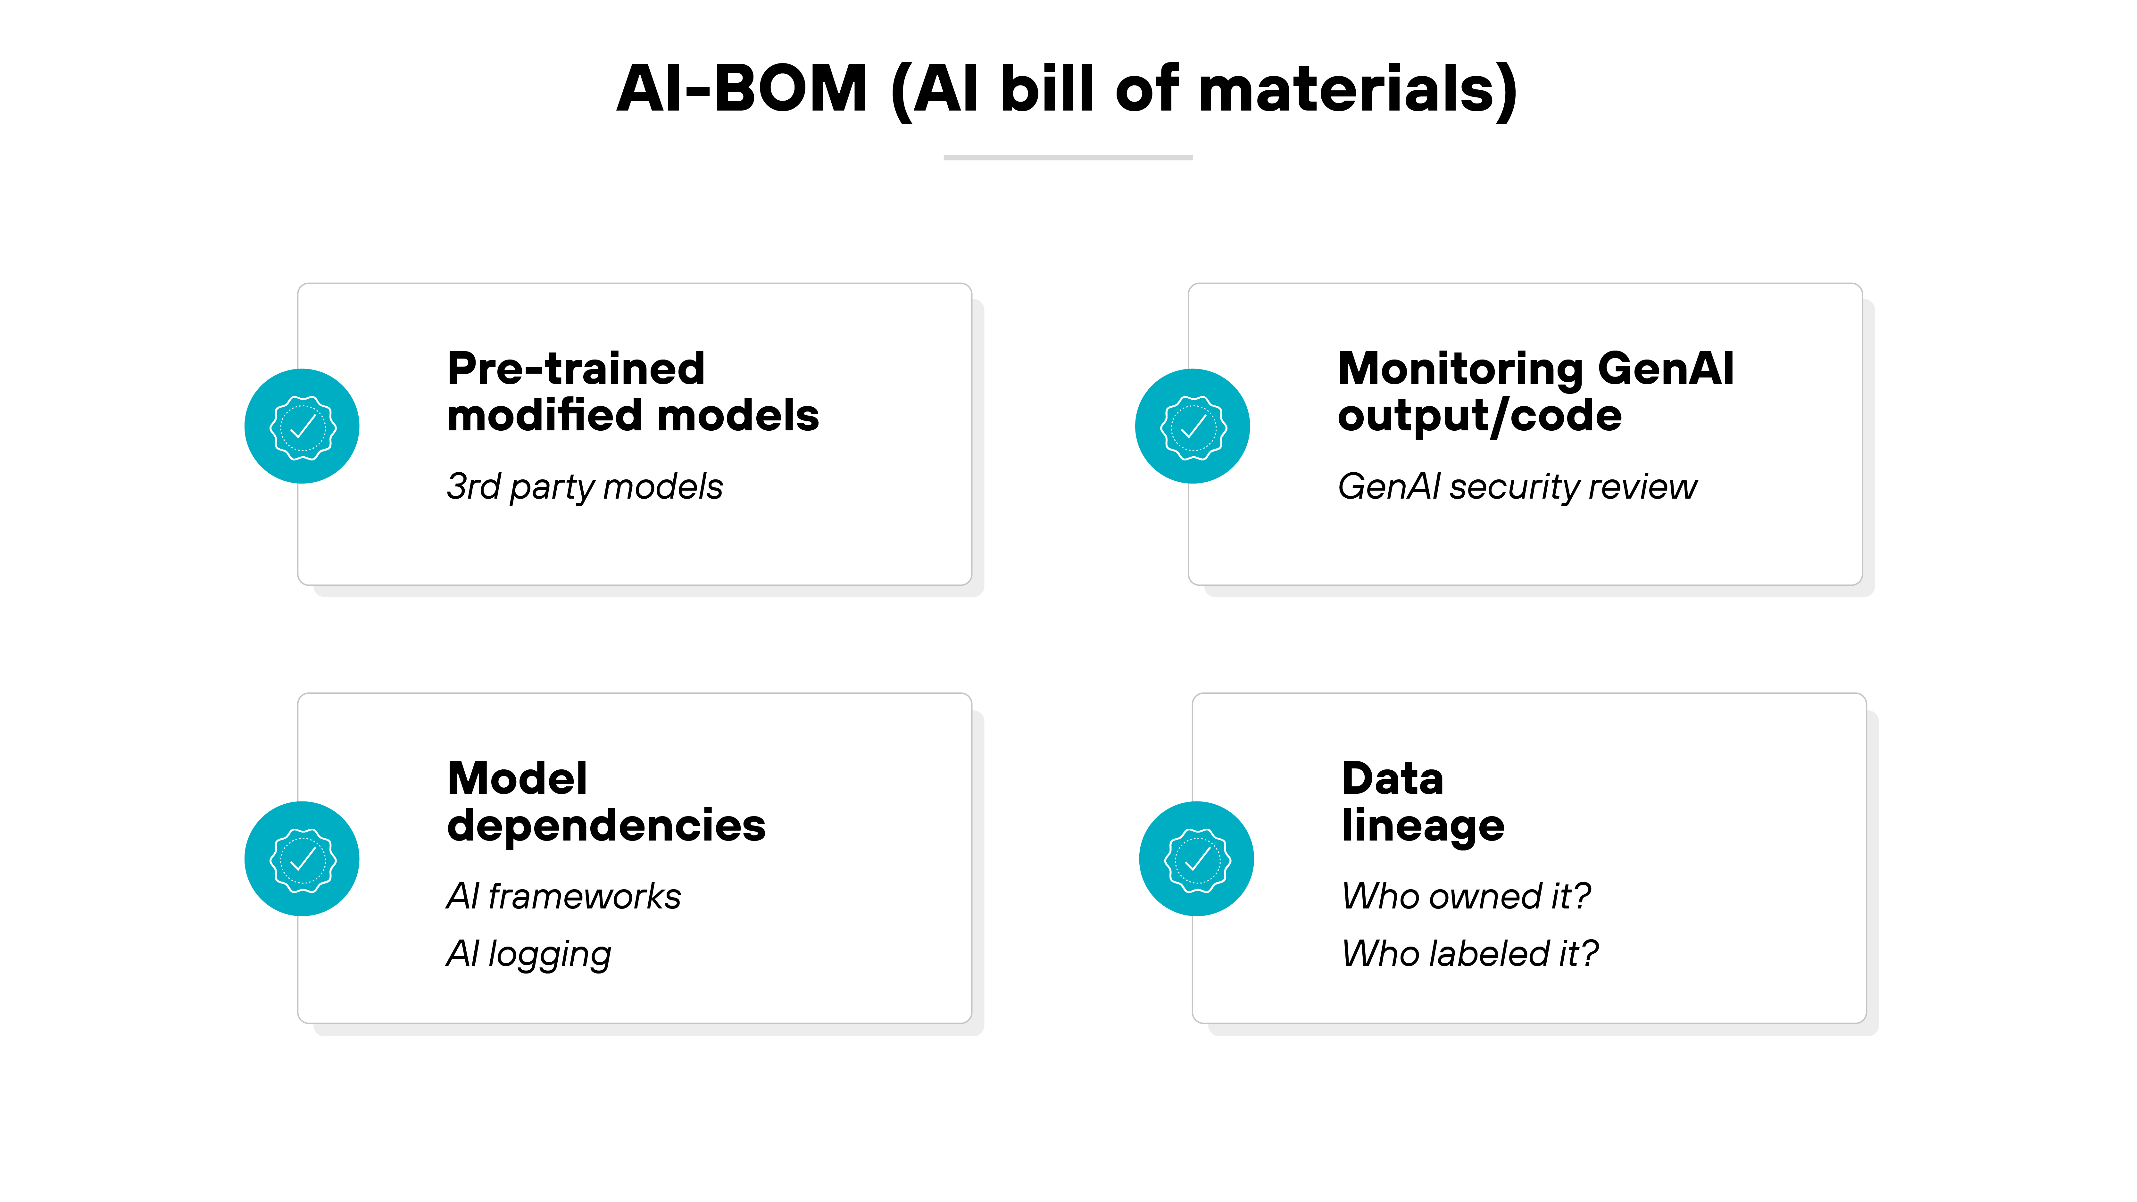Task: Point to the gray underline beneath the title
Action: point(1068,158)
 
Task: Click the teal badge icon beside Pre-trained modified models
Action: point(302,427)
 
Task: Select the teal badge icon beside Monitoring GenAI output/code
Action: point(1192,427)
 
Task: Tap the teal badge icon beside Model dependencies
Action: point(302,858)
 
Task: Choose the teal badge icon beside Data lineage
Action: point(1196,858)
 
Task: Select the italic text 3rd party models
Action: point(584,487)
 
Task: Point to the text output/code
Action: point(1479,416)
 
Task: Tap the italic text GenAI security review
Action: point(1517,487)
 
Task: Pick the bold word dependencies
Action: point(606,826)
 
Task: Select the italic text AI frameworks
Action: point(563,897)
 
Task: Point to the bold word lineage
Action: point(1423,826)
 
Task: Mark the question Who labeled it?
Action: point(1469,954)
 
